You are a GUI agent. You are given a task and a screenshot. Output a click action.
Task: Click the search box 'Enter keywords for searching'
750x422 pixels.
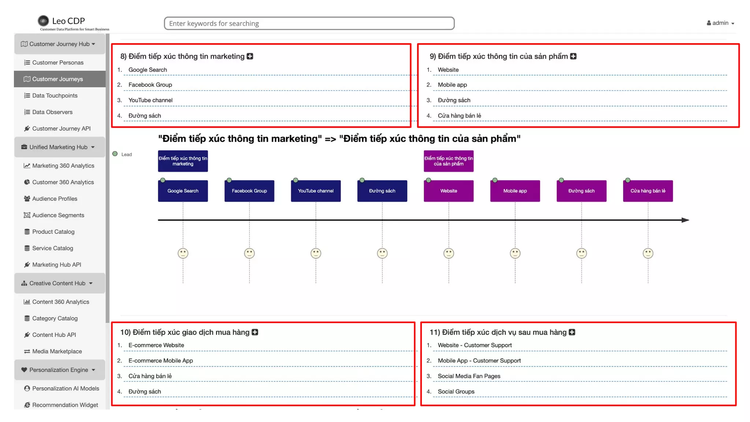click(x=309, y=23)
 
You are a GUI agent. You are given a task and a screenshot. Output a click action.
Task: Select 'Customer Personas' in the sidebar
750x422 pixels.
click(x=57, y=63)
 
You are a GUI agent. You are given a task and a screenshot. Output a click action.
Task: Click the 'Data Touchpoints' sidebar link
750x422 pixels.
click(x=55, y=96)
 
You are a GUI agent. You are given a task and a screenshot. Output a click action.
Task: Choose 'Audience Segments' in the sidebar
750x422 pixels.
click(x=58, y=215)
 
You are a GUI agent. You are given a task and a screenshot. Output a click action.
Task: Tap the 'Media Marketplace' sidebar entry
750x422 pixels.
click(x=57, y=351)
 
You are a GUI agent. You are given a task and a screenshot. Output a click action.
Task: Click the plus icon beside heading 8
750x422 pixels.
click(x=250, y=56)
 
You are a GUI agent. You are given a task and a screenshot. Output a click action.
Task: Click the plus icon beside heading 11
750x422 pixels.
click(x=572, y=332)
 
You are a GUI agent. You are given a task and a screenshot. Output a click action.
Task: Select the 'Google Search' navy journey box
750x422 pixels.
click(x=183, y=191)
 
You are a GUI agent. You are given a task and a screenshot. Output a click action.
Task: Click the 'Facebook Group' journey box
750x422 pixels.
click(x=249, y=191)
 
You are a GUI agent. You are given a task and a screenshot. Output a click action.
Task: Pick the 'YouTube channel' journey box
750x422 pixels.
click(x=316, y=191)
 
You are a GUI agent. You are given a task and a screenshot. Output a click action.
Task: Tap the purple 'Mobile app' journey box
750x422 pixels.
click(x=515, y=191)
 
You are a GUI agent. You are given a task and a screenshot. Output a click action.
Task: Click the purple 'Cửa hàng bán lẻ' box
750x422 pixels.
click(x=647, y=191)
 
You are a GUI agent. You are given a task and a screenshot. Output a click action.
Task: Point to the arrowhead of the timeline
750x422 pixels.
click(x=686, y=220)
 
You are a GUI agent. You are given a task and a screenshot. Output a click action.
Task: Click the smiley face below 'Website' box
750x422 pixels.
click(x=449, y=253)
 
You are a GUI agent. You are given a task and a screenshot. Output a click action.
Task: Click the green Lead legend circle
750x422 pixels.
click(x=115, y=154)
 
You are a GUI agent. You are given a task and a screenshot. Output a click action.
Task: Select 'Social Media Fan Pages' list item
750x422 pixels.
click(x=469, y=376)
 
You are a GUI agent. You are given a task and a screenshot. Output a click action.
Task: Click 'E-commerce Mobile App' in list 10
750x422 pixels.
click(x=160, y=361)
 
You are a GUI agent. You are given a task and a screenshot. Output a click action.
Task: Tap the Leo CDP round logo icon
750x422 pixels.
click(x=43, y=21)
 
